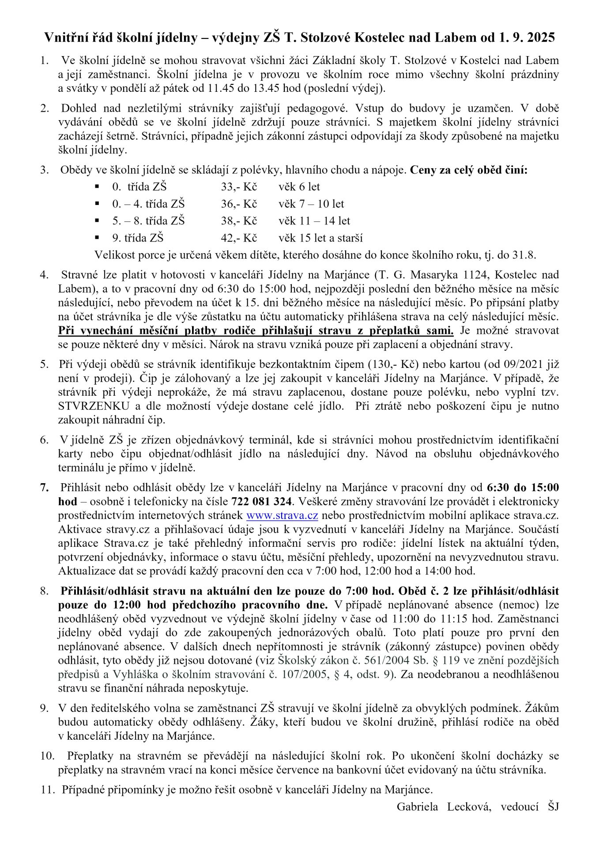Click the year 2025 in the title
(x=541, y=38)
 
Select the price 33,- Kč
(x=239, y=187)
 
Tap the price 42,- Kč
(x=239, y=238)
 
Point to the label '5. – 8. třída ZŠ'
(x=148, y=220)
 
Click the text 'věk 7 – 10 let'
(x=311, y=204)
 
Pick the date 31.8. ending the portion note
(x=525, y=255)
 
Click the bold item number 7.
(x=44, y=488)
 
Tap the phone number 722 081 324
(x=261, y=501)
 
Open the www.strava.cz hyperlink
(x=282, y=515)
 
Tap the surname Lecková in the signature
(x=469, y=807)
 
